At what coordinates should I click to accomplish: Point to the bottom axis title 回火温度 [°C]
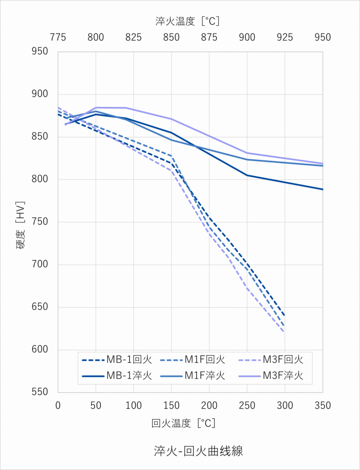[x=183, y=423]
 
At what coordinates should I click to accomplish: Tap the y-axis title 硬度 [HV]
[x=20, y=225]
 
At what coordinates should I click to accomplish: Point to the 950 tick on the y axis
[x=40, y=51]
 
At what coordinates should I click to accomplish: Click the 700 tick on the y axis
[x=40, y=265]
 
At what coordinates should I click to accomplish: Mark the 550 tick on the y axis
[x=40, y=392]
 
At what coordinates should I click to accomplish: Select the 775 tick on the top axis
[x=58, y=38]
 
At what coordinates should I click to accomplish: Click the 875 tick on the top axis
[x=209, y=38]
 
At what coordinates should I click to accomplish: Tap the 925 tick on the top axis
[x=285, y=38]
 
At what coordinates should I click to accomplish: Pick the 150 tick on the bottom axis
[x=172, y=406]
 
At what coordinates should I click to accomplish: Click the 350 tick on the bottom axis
[x=323, y=406]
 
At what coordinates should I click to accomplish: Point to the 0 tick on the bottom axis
[x=58, y=406]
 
